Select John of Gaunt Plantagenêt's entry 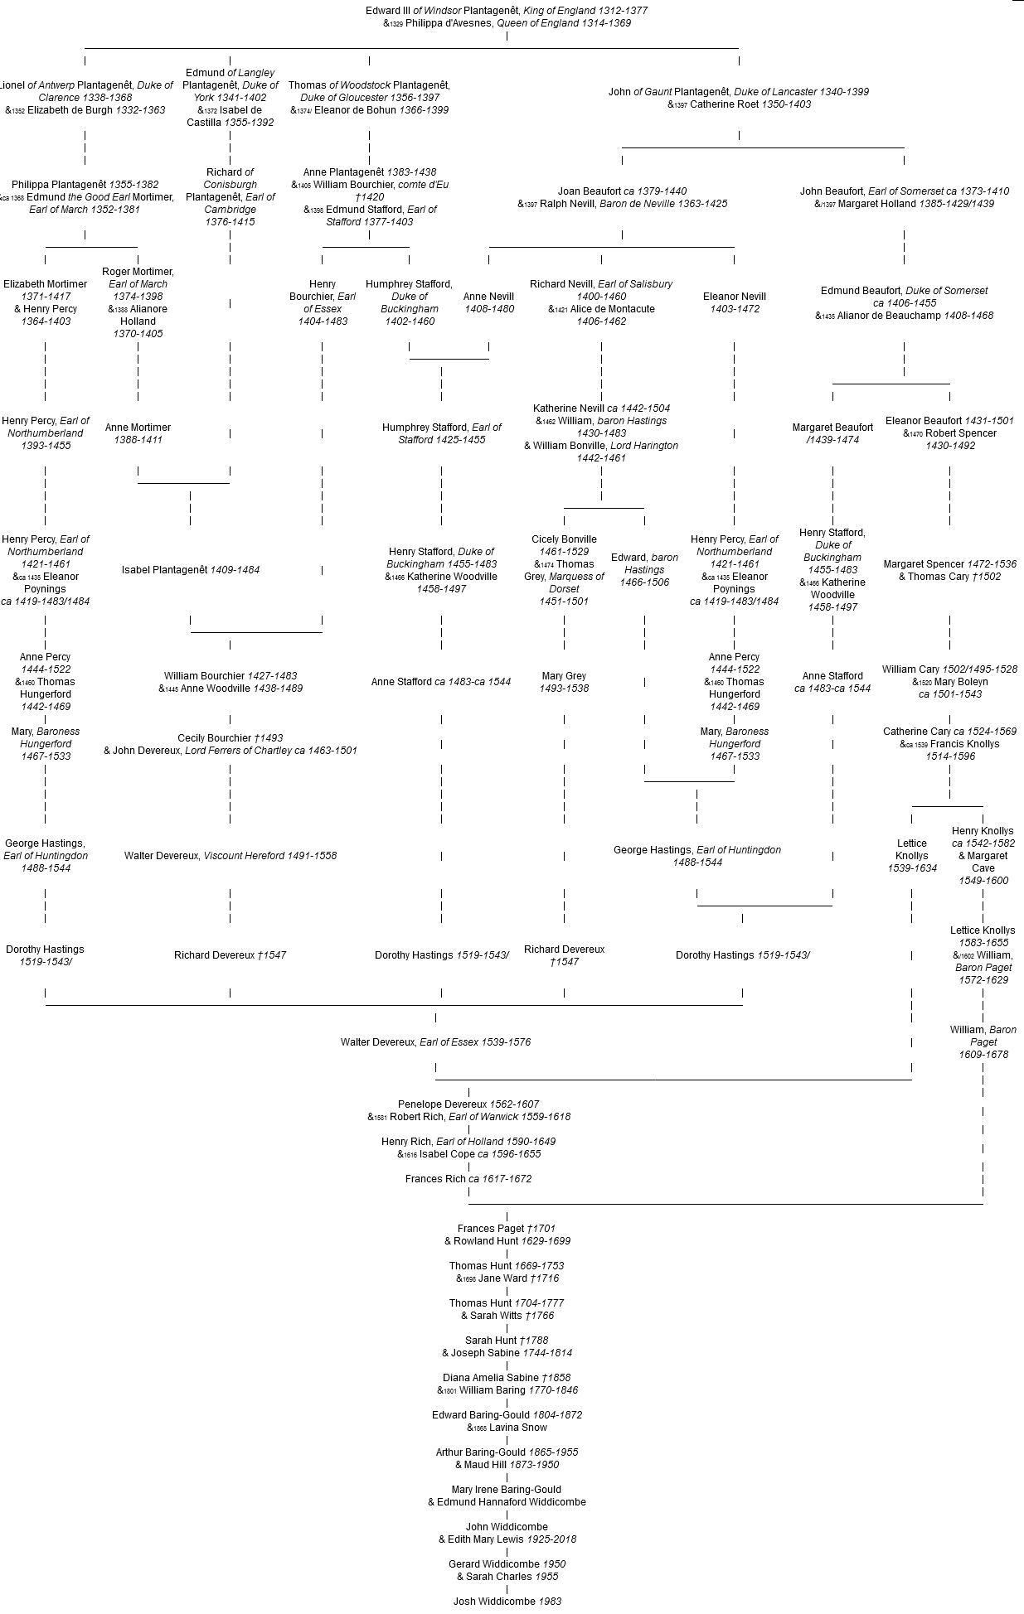738,92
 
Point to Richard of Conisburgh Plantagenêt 230,196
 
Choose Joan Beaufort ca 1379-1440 622,191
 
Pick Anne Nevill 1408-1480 488,302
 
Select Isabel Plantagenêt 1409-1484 190,570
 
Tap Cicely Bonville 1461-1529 564,545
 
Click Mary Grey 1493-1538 564,682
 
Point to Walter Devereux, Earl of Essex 435,1042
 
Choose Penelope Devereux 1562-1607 468,1104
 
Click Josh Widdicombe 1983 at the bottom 507,1602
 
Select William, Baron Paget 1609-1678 983,1041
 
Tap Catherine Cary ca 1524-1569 949,732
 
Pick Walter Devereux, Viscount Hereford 230,856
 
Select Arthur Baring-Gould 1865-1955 507,1452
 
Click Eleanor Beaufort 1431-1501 949,421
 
